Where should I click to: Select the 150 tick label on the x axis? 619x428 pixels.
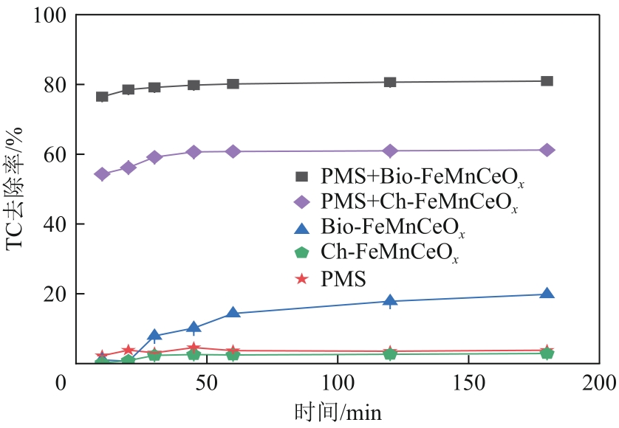tap(468, 384)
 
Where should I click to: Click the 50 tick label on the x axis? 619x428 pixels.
tap(205, 384)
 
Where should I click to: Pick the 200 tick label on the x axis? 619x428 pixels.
tap(599, 384)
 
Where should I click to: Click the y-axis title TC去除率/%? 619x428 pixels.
tap(17, 189)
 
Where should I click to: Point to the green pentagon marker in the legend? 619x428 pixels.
tap(301, 252)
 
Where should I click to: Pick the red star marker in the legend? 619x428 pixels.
tap(301, 278)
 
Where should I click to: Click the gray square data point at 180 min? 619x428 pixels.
tap(547, 81)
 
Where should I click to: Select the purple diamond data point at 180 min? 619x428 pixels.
tap(547, 151)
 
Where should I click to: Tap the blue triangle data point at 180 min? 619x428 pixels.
tap(547, 294)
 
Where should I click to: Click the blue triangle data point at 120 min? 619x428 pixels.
tap(390, 300)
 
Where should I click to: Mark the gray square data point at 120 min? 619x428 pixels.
tap(390, 82)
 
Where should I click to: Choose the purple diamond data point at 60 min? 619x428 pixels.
tap(233, 151)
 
